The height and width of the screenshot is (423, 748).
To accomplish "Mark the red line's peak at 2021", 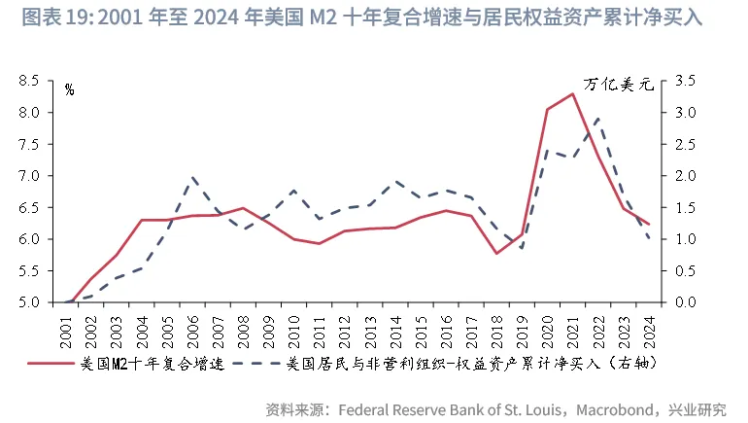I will point(573,94).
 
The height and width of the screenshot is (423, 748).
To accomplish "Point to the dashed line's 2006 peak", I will point(193,178).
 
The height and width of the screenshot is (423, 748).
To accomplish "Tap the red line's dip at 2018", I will point(497,254).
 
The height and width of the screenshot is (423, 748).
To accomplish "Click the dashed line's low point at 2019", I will point(523,248).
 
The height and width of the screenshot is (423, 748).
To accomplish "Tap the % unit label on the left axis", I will point(69,89).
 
